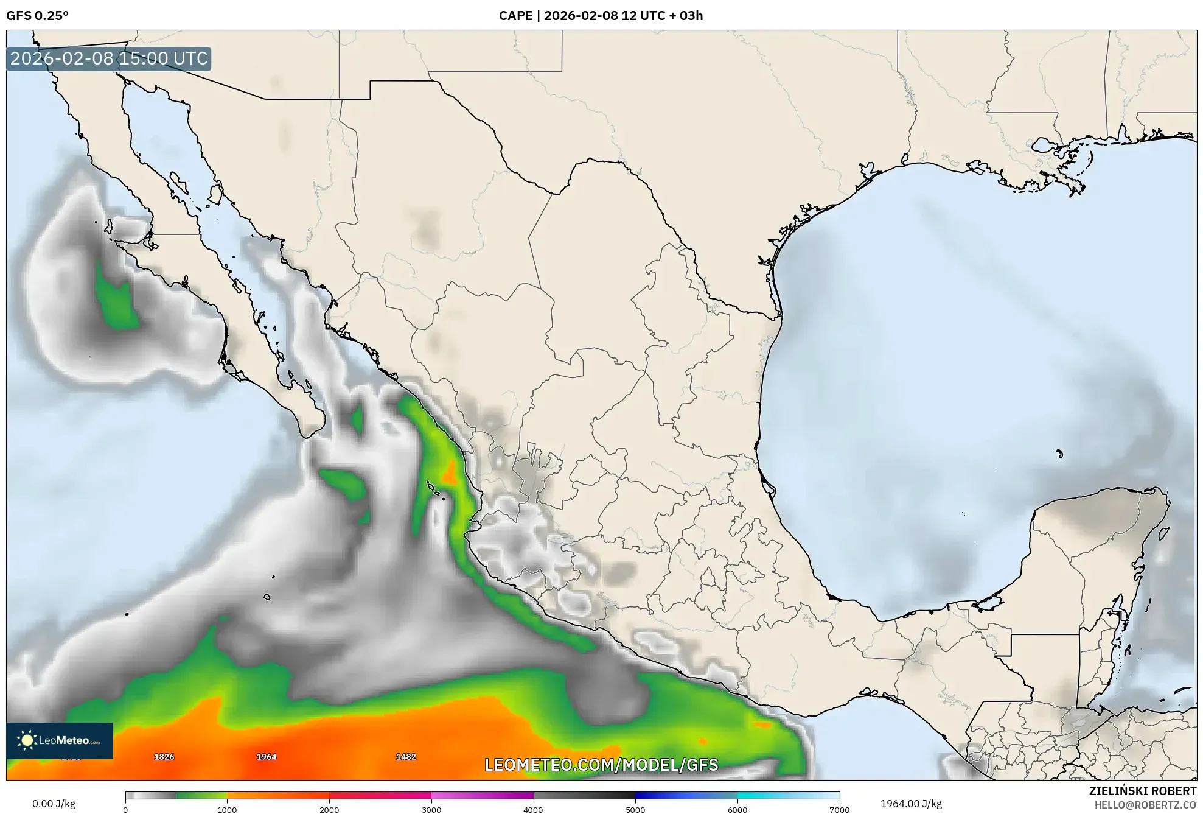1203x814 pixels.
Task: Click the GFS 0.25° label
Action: (37, 16)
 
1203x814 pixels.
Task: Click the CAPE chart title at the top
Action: (601, 16)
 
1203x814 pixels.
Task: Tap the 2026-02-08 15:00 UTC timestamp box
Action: (109, 59)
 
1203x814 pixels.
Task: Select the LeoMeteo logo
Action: (60, 740)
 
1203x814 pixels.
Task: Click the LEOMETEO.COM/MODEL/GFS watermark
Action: (601, 765)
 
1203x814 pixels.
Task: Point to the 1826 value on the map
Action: (164, 757)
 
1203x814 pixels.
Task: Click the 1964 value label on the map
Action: (266, 757)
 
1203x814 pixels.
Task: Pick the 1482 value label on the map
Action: (406, 757)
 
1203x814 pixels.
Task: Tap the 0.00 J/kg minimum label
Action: (54, 804)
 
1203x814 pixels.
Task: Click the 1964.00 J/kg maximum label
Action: (911, 804)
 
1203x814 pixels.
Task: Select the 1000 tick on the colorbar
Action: (227, 810)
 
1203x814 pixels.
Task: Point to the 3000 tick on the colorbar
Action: (431, 810)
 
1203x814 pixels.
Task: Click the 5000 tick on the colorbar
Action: (635, 810)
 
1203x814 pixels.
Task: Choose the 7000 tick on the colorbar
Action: (839, 810)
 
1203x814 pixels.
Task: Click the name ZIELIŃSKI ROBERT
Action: (1142, 791)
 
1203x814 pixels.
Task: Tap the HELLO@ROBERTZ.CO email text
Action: (1145, 805)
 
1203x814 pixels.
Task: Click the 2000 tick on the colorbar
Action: (329, 810)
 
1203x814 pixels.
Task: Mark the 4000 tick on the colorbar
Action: (533, 810)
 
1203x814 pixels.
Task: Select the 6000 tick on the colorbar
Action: (737, 810)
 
